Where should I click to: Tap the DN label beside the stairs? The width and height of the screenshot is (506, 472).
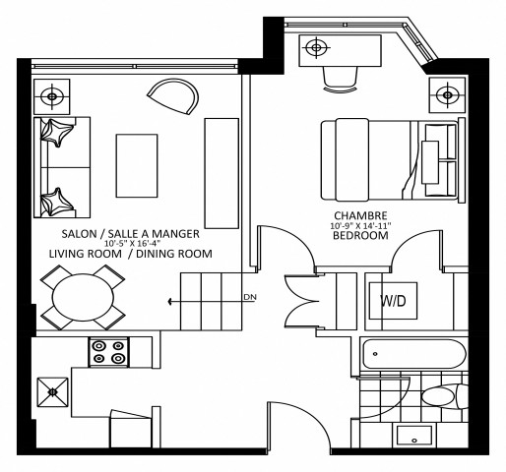coord(249,296)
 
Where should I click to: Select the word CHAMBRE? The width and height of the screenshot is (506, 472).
coord(359,216)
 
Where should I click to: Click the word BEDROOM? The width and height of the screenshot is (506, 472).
coord(359,236)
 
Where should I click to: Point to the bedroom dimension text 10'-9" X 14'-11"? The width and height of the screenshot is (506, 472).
coord(359,226)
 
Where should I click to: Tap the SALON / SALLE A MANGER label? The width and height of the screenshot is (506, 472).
coord(131,233)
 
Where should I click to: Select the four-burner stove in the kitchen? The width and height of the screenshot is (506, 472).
coord(107,352)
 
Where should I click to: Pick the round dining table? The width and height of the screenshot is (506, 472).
coord(83,299)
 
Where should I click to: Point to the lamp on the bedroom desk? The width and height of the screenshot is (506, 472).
coord(316,47)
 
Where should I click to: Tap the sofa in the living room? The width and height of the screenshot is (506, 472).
coord(62,167)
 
